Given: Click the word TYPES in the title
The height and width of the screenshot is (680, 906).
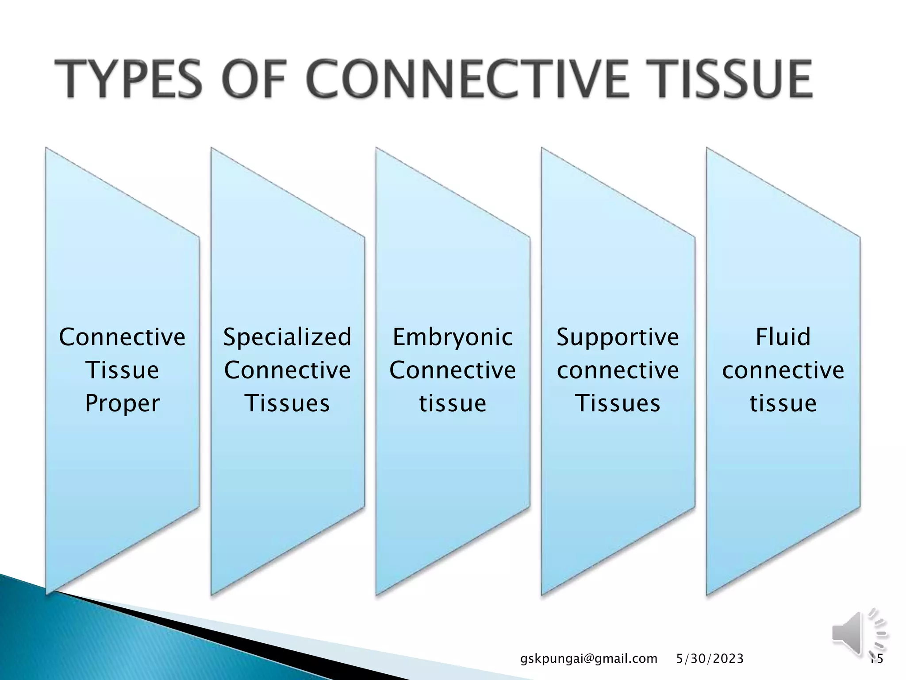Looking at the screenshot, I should [128, 80].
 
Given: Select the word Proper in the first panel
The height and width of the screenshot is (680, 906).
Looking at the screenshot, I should [122, 403].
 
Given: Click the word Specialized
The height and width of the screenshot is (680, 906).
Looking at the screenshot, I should [288, 337].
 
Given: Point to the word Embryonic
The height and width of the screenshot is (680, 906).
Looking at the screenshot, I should [453, 338].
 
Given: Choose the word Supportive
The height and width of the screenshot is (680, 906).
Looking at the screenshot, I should [618, 338].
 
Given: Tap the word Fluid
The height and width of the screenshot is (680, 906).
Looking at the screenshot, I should [783, 337].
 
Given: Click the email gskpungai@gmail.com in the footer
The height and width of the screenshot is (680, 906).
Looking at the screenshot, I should [589, 659].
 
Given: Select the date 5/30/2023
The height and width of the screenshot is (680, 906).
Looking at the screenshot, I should [710, 659].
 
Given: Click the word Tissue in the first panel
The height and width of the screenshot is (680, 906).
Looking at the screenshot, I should [122, 370].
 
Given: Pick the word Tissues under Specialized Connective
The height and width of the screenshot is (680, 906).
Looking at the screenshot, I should [288, 403].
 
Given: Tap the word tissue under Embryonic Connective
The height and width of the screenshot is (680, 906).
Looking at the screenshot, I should [453, 403].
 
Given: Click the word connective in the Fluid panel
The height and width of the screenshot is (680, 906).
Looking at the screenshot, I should [783, 370].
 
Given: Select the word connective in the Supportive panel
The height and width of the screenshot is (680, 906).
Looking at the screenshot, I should [618, 370].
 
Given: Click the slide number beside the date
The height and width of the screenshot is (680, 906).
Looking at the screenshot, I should [876, 659].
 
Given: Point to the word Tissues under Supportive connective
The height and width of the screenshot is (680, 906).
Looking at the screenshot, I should [618, 403].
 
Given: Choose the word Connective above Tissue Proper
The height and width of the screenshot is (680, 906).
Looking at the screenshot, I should [122, 337].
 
